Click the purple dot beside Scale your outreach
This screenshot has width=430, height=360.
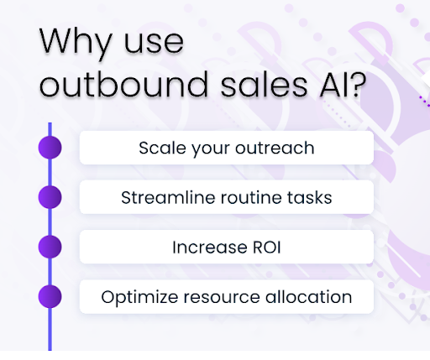coord(50,148)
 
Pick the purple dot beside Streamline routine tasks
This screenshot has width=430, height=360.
coord(50,197)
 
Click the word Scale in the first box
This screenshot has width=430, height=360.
coord(159,149)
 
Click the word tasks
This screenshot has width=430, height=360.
coord(310,198)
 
